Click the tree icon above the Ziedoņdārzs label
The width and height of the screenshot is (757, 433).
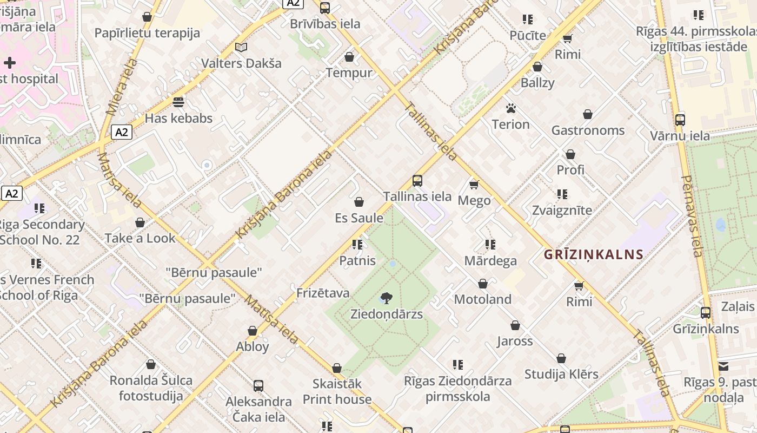(386, 297)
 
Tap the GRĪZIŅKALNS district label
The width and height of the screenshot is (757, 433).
(594, 254)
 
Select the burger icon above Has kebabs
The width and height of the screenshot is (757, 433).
(178, 102)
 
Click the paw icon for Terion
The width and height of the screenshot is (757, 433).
(511, 108)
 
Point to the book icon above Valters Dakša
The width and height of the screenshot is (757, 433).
(241, 48)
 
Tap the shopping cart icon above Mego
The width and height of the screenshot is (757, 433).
(474, 185)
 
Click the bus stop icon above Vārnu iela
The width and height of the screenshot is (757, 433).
(680, 120)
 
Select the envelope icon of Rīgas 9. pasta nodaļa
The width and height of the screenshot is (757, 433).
(723, 366)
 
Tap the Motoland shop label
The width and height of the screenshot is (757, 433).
(482, 299)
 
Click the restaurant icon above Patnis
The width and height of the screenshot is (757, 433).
(357, 245)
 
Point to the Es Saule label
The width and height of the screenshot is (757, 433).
(359, 218)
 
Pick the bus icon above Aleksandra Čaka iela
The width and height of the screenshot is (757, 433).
(258, 386)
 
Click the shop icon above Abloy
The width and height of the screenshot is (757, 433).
(253, 331)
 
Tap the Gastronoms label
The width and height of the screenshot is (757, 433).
(588, 130)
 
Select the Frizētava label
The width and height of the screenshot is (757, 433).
(323, 293)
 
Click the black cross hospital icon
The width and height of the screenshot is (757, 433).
(10, 63)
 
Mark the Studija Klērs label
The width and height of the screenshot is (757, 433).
(561, 374)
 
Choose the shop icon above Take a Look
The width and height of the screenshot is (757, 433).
(140, 222)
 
